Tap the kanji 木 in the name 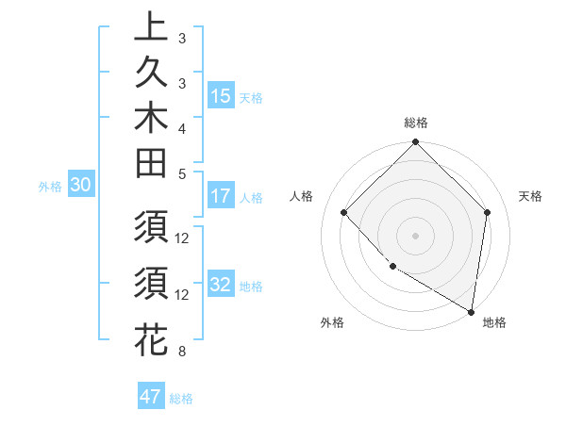coord(151,123)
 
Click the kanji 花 coord(151,338)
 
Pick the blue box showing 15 coord(221,96)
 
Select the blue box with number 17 coord(221,196)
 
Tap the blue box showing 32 coord(221,285)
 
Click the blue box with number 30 coord(80,186)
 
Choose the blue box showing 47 coord(151,397)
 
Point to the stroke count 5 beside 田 coord(182,173)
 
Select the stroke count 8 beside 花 coord(182,352)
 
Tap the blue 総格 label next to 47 coord(181,399)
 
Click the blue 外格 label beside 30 coord(49,187)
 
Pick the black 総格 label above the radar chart coord(415,123)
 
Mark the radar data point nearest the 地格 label coord(472,311)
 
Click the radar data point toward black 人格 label coord(344,212)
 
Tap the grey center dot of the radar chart coord(415,235)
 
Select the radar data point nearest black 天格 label coord(487,212)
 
